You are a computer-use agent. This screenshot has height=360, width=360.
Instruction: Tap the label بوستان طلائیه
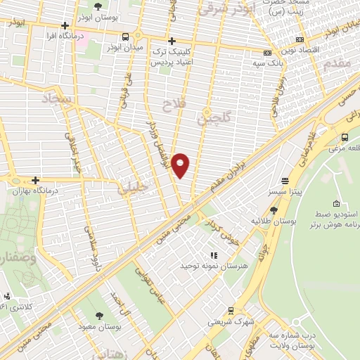click(272, 221)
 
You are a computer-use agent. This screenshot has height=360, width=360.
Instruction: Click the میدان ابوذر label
click(125, 47)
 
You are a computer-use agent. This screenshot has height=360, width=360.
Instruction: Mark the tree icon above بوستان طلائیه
click(274, 210)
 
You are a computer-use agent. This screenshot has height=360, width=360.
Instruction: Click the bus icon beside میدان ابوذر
click(125, 37)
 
